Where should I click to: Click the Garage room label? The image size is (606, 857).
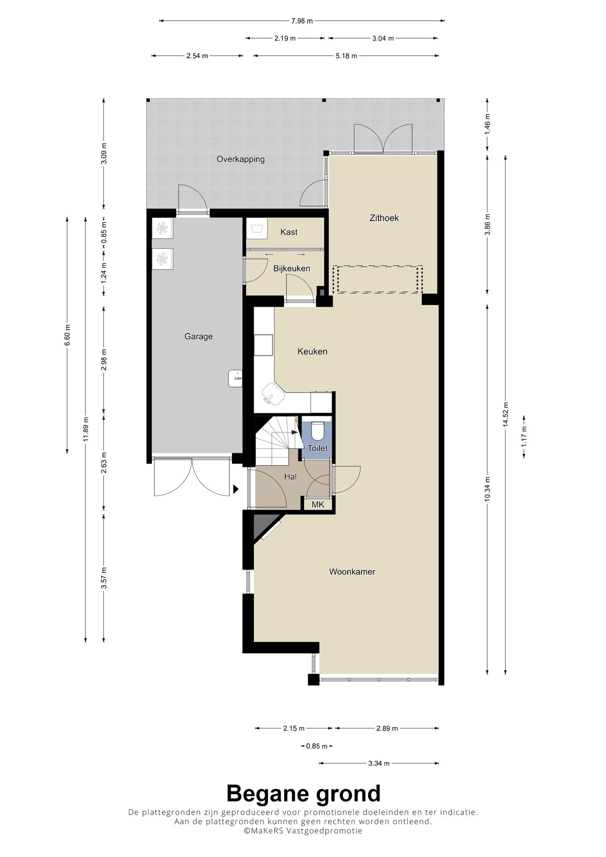(x=198, y=337)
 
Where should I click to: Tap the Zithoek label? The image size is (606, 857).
(x=384, y=218)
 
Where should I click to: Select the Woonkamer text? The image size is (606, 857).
(x=352, y=572)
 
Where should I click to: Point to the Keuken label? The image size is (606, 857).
(x=312, y=352)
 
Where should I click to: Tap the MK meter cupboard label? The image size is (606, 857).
(x=318, y=504)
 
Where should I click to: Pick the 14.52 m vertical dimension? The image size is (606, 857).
(x=505, y=414)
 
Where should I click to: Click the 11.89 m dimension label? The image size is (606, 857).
(x=85, y=429)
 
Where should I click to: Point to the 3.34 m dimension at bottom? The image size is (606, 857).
(x=379, y=763)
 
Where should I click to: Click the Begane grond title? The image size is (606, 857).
(x=303, y=794)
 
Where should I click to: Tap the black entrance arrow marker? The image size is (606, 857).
(x=236, y=489)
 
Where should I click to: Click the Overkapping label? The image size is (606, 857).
(x=241, y=159)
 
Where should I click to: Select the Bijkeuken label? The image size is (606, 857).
(x=292, y=268)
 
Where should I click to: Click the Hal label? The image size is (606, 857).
(x=290, y=477)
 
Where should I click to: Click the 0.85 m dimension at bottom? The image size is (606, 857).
(x=317, y=746)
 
